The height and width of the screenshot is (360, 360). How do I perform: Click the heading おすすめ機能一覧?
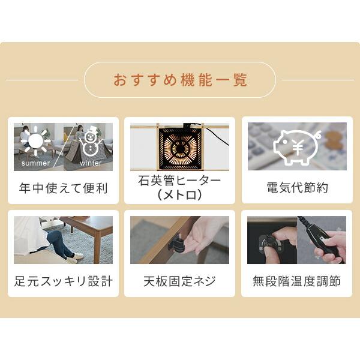tap(180, 80)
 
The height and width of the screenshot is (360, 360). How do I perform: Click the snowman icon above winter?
tap(91, 141)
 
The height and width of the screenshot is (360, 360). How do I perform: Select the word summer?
tap(35, 163)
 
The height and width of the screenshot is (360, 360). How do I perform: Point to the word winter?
tap(91, 163)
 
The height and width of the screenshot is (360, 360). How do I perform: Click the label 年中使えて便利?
tap(63, 188)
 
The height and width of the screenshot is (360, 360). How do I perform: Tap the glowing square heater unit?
tap(180, 148)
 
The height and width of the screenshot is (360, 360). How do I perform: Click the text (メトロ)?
tap(180, 196)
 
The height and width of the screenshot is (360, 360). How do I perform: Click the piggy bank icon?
tap(297, 146)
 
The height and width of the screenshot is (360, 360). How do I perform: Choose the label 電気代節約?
tap(297, 188)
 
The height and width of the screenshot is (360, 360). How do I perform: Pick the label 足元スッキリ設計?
tap(63, 281)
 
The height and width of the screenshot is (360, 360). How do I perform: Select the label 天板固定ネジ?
tap(180, 281)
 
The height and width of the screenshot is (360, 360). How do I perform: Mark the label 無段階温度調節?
tap(297, 281)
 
